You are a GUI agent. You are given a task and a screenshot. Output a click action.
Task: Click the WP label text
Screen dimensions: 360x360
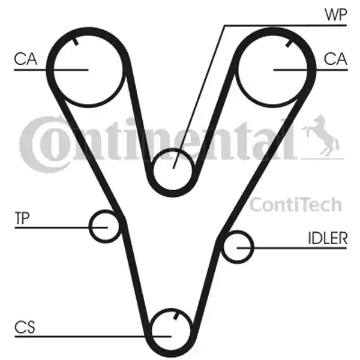pos(335,14)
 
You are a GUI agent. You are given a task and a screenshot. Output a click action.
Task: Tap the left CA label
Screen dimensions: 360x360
pos(25,59)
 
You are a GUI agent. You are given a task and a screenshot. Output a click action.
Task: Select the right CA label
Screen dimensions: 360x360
pos(335,59)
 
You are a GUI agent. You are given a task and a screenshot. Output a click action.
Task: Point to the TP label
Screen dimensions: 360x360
pos(22,218)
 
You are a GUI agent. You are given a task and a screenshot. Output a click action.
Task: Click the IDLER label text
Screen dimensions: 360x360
pos(328,238)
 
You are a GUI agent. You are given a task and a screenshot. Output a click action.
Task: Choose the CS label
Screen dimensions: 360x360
pos(25,327)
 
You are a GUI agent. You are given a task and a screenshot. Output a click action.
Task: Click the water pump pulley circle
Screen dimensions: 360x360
pos(172,169)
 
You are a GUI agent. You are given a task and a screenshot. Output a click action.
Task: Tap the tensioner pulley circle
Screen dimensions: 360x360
pos(104,226)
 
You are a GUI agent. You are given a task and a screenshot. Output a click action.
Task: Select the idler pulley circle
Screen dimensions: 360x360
pos(238,247)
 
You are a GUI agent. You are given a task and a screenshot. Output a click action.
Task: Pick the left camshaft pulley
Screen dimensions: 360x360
pos(88,70)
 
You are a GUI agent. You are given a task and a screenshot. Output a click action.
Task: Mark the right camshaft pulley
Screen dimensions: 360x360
pos(273,70)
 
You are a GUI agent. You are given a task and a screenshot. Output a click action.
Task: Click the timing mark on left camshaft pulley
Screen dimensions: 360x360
pos(76,41)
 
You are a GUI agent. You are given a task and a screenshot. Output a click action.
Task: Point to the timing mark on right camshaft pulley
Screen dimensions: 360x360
pos(289,43)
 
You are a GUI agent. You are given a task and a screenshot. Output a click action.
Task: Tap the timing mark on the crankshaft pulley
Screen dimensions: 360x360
pos(176,316)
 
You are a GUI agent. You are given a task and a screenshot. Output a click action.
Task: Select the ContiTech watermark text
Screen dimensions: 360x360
pos(296,205)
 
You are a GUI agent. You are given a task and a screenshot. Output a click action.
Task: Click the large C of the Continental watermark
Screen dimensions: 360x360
pos(44,144)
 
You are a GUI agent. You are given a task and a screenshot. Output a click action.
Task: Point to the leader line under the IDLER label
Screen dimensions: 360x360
pos(292,248)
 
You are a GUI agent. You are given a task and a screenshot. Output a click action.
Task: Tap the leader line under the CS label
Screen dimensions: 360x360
pos(93,337)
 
